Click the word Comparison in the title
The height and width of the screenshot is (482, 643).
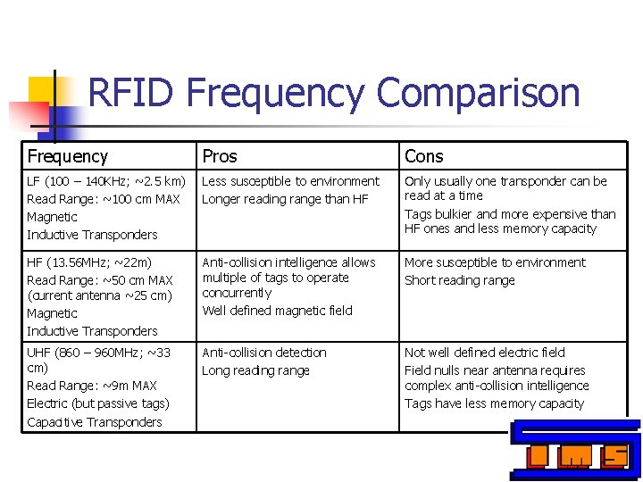coord(478,94)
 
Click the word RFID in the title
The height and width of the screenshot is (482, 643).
coord(133,93)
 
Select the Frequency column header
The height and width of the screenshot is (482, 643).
coord(68,156)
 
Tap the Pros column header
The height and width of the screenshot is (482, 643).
coord(220,156)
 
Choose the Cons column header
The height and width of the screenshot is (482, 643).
coord(423,156)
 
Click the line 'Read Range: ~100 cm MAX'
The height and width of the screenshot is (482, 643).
coord(104,199)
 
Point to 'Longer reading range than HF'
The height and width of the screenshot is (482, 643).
coord(285,199)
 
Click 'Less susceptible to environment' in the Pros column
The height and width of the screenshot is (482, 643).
coord(290,181)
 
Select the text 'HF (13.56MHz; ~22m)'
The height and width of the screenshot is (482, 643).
coord(89,262)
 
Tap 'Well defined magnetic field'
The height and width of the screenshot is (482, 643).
coord(277,311)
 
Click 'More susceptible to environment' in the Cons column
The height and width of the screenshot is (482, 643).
coord(495,262)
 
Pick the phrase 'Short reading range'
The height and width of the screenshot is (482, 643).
coord(459,280)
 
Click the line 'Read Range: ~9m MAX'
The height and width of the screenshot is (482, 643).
coord(92,386)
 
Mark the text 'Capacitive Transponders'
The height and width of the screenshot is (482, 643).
coord(95,421)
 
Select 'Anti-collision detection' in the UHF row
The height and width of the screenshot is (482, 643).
coord(264,353)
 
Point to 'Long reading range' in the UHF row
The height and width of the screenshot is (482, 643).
coord(255,370)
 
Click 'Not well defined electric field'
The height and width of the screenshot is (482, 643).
coord(484,353)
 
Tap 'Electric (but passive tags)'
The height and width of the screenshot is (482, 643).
coord(98,403)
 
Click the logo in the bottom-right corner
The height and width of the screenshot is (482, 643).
coord(576,451)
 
